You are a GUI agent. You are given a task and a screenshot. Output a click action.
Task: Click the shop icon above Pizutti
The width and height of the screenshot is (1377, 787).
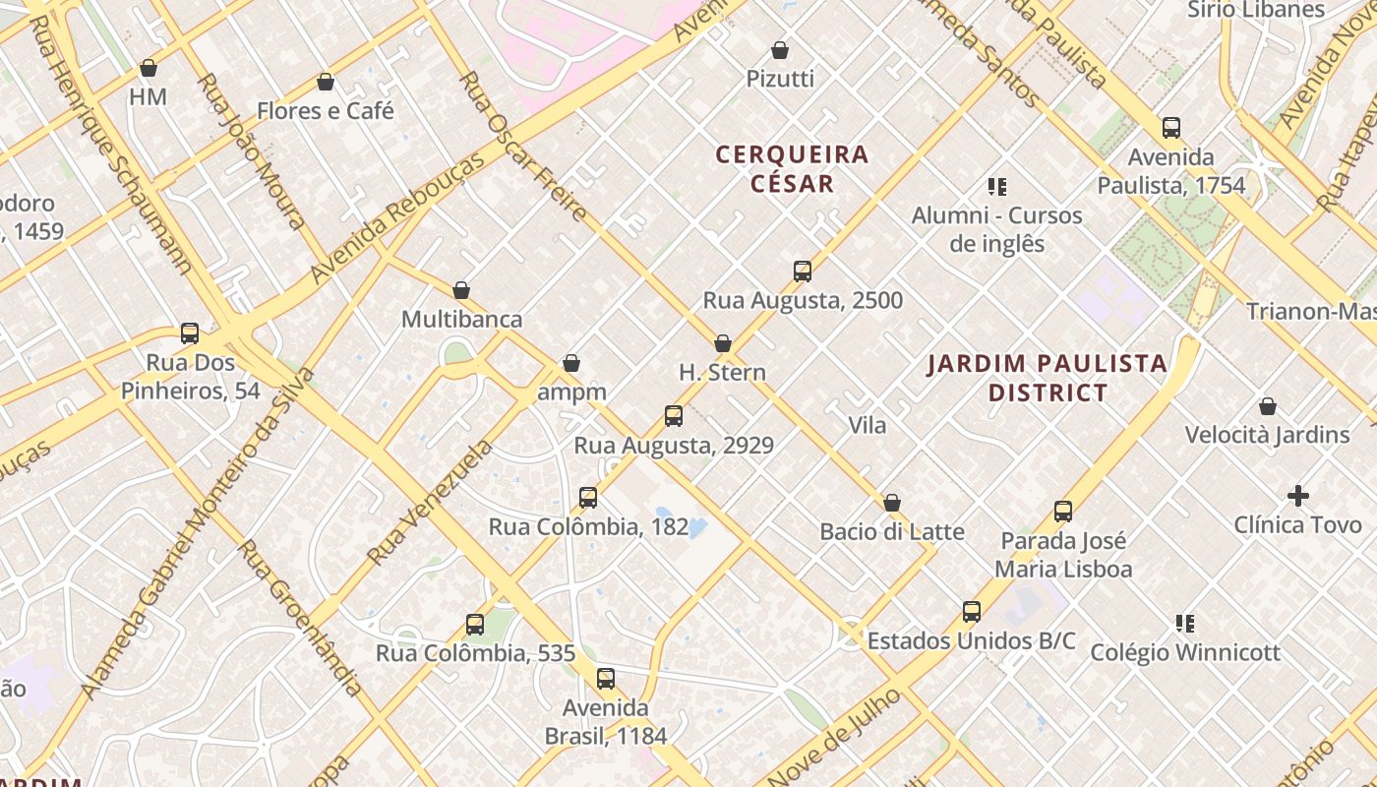[780, 49]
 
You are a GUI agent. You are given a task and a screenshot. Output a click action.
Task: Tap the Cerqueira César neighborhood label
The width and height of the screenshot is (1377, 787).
[792, 168]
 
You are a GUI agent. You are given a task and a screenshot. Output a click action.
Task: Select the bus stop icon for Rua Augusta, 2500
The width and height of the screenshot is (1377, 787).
[803, 272]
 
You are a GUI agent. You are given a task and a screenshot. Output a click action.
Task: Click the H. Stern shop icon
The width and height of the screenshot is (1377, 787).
[723, 343]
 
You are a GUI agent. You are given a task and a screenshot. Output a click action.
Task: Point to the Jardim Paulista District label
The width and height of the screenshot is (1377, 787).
[1048, 378]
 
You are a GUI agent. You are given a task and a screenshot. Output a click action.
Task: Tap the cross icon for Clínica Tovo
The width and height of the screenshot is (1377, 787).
[1298, 496]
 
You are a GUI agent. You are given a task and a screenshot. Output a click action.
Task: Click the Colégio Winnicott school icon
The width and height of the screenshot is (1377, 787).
[1185, 623]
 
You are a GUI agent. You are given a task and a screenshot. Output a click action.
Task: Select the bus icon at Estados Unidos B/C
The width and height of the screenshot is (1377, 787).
[972, 612]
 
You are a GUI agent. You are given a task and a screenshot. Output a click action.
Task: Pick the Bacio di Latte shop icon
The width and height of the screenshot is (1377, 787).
[892, 503]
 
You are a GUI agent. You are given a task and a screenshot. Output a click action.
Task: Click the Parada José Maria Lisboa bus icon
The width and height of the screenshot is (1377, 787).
[1063, 512]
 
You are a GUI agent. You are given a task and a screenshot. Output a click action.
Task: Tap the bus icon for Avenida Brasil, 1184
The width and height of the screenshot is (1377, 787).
[606, 679]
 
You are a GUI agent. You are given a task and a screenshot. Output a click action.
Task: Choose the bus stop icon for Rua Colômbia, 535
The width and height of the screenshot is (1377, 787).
[475, 625]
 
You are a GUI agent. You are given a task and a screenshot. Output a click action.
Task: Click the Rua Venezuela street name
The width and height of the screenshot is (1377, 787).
[429, 504]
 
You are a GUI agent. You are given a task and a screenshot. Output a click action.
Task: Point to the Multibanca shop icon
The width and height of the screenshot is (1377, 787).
[461, 290]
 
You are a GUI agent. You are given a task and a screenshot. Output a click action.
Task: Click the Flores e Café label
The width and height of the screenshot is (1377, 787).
[326, 111]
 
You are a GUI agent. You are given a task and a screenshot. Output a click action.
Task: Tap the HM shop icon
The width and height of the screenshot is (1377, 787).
[149, 68]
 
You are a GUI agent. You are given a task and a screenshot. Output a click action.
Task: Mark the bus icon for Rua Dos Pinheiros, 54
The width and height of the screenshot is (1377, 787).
[190, 333]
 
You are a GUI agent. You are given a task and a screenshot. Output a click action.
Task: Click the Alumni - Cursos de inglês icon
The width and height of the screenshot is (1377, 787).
[997, 186]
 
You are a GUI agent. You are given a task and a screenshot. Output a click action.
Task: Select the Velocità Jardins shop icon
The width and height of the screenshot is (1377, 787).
[1268, 406]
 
